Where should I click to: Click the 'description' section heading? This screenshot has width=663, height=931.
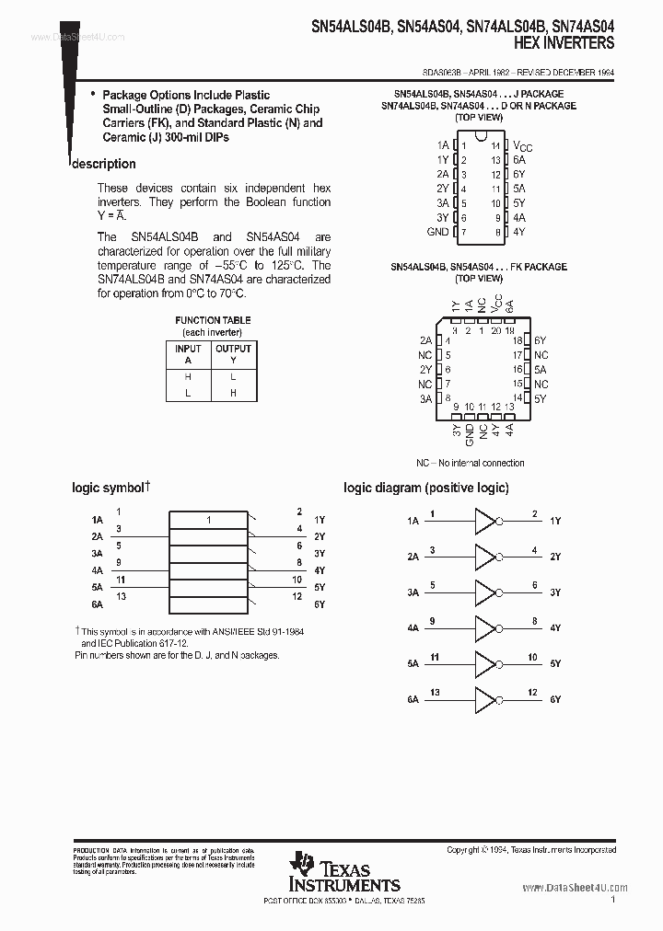tap(104, 164)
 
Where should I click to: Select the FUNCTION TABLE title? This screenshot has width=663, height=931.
tap(213, 320)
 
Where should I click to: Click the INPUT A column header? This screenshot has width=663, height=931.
tap(188, 354)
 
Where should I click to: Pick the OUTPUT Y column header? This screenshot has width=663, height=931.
tap(233, 354)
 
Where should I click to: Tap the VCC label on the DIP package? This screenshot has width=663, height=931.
tap(522, 145)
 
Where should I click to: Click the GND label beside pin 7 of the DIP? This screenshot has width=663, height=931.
tap(438, 232)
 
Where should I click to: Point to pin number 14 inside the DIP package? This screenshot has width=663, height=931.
tap(494, 145)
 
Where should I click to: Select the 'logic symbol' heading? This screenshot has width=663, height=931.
tap(109, 488)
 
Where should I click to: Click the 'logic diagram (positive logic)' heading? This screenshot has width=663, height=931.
tap(425, 488)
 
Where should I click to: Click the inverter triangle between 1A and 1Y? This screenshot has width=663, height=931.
tap(484, 521)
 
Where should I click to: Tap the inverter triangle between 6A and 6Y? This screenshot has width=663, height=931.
tap(484, 700)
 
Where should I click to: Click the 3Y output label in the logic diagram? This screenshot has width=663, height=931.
tap(555, 592)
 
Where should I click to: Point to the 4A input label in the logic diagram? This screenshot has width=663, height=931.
tap(413, 628)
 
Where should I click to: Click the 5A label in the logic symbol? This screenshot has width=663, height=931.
tap(97, 587)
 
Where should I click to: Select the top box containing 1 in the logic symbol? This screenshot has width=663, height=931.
tap(209, 521)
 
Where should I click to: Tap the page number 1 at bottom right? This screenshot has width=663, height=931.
tap(612, 903)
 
